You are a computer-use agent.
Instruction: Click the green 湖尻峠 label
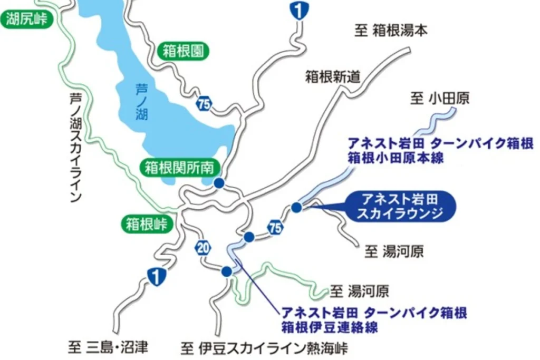pos(27,20)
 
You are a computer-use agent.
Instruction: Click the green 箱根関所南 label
pos(179,168)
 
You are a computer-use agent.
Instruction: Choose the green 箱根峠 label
pos(147,225)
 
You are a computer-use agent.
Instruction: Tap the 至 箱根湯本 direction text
pos(391,31)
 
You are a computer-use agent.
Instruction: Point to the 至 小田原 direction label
pos(440,98)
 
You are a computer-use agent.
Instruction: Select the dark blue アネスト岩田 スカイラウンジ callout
pos(399,206)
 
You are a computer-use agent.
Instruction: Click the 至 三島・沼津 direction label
pos(108,347)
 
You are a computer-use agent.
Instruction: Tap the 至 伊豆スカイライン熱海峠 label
pos(264,348)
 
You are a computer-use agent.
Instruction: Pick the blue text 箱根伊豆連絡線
pos(330,326)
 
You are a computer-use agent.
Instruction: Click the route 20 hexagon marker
pos(203,247)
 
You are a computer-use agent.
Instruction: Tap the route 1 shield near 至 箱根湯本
pos(299,10)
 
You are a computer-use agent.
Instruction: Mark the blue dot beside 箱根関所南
pos(219,183)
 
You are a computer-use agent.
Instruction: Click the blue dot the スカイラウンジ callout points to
pos(296,208)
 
